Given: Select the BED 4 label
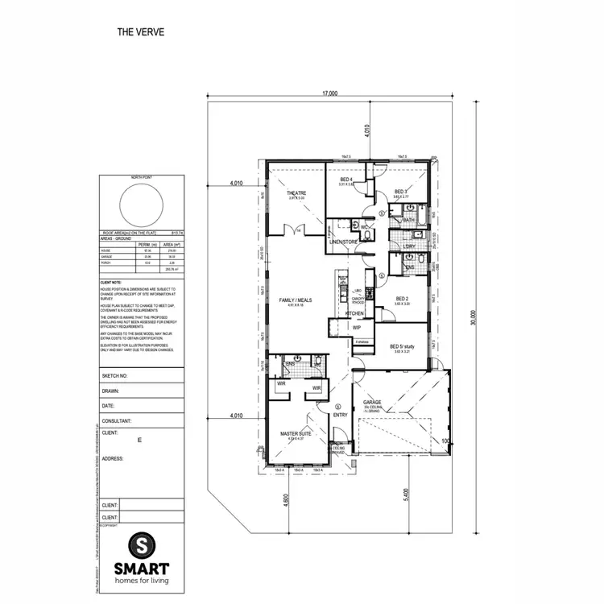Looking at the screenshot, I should [x=346, y=180].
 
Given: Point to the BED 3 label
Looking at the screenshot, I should [x=401, y=191].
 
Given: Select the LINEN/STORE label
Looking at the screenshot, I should [x=344, y=242].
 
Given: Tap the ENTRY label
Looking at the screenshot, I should [x=340, y=415].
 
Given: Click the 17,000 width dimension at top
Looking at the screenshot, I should [x=329, y=93].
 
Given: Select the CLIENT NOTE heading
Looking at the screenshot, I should [x=111, y=283].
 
